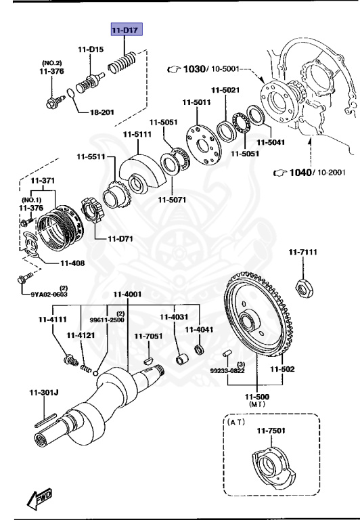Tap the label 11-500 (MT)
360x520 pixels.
click(257, 399)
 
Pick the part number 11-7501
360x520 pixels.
click(269, 431)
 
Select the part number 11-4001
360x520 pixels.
click(127, 295)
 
